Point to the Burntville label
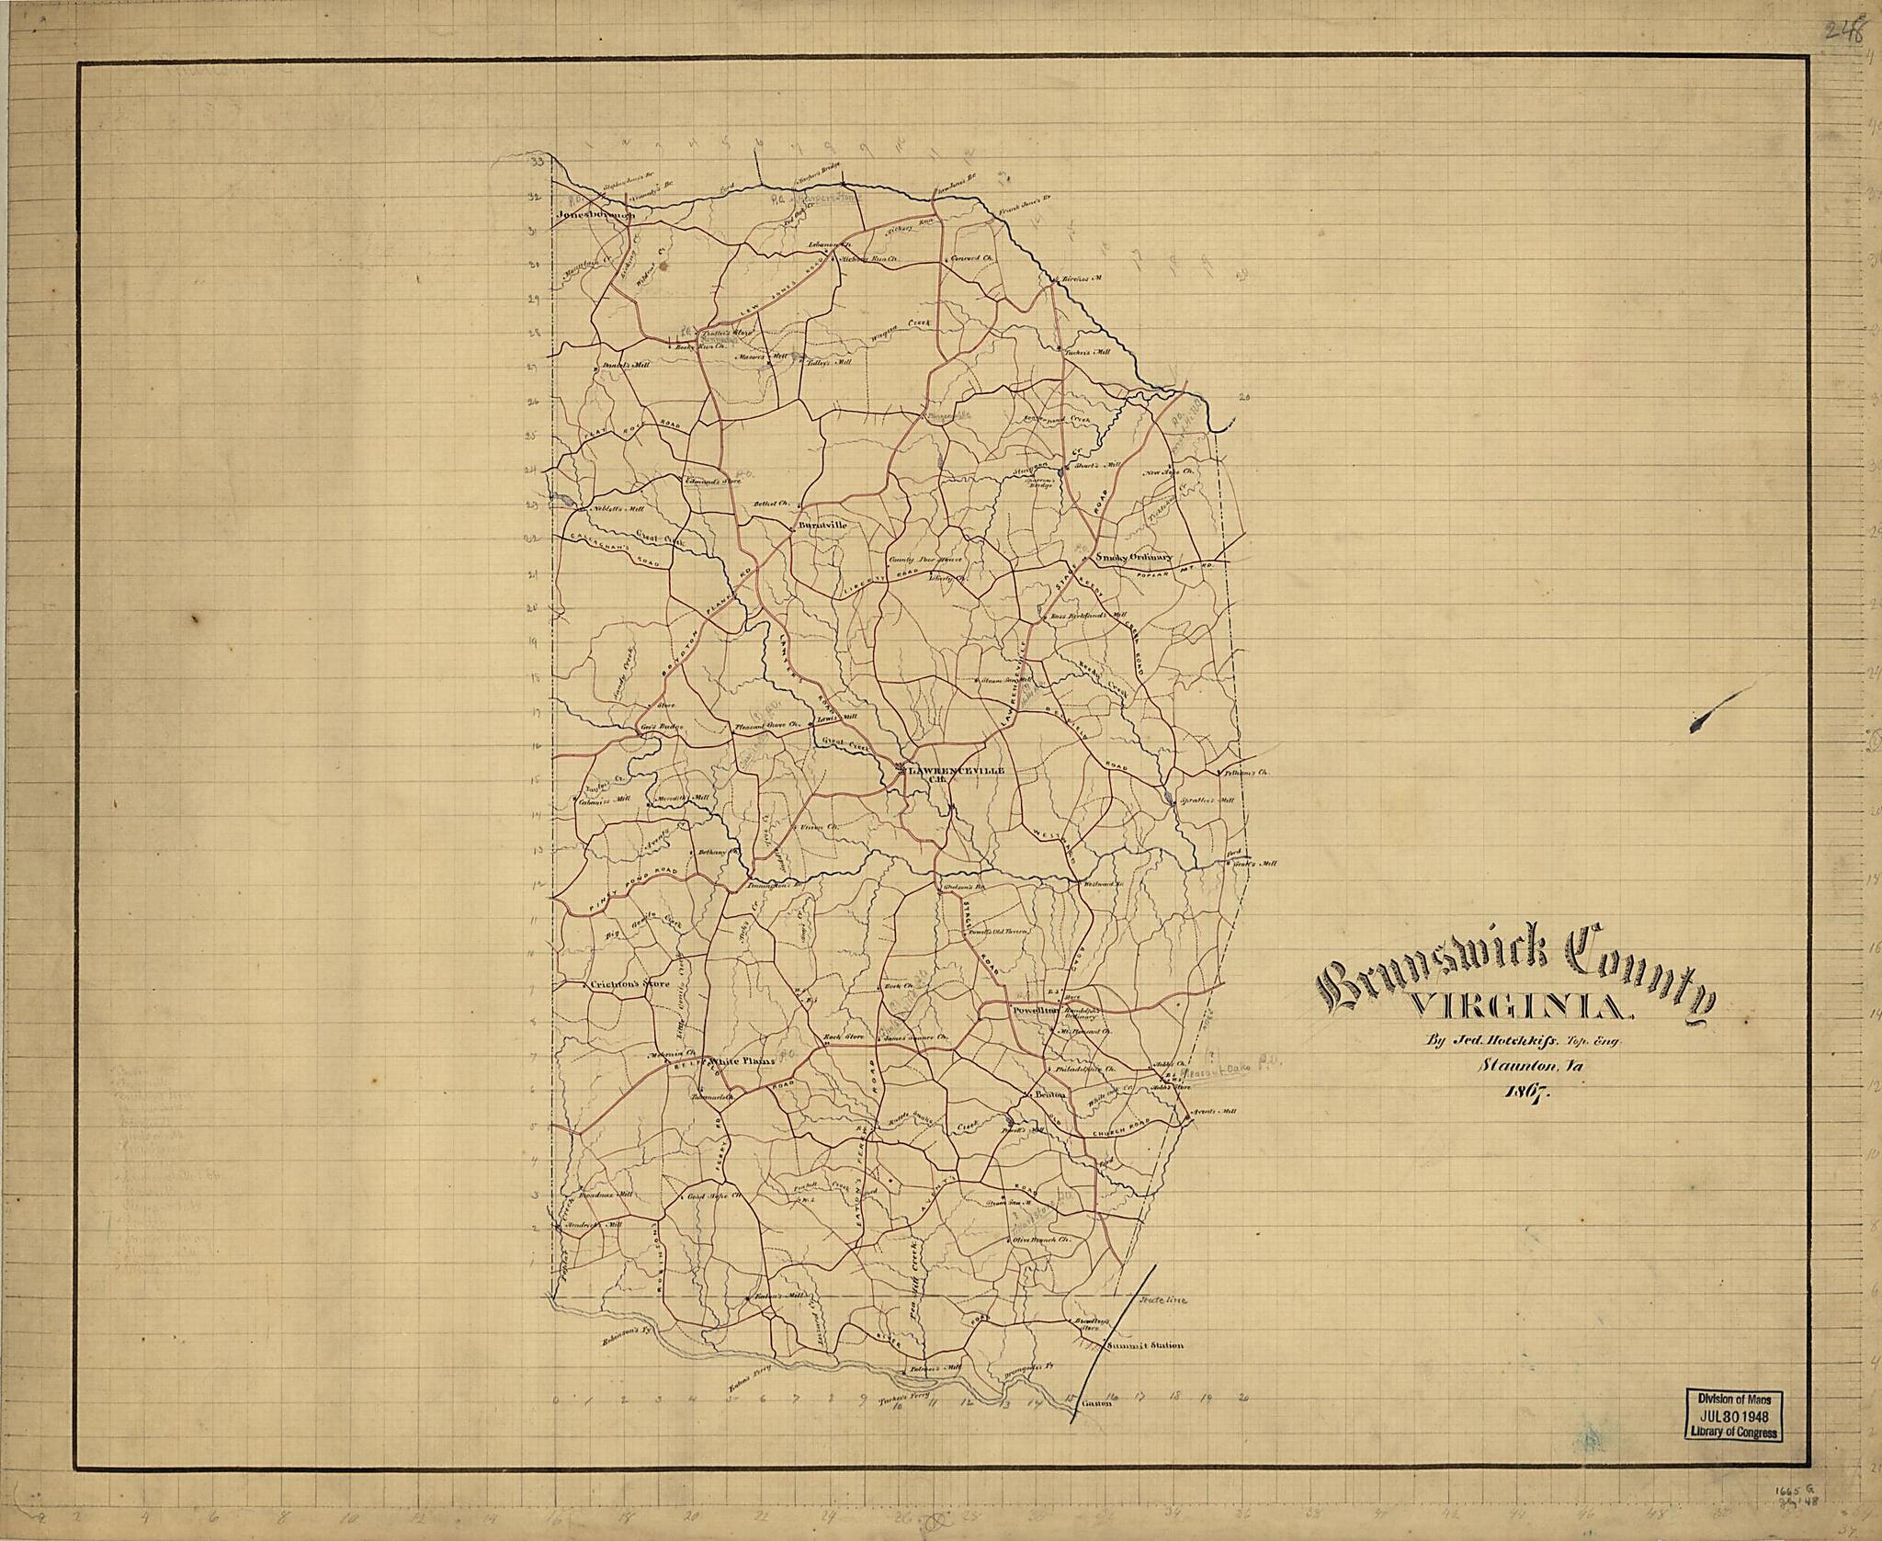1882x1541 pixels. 822,525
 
